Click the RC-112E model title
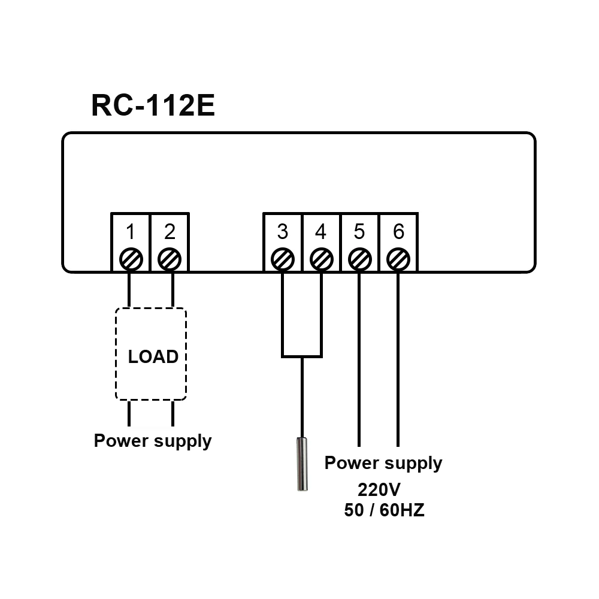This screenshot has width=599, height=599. click(x=153, y=105)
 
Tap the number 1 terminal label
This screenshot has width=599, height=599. click(x=131, y=231)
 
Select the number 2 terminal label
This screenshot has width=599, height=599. click(x=170, y=231)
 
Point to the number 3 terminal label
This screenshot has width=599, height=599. click(x=283, y=231)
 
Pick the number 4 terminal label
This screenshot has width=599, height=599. click(x=321, y=231)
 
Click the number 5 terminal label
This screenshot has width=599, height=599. click(x=359, y=231)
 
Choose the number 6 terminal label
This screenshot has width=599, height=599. click(x=398, y=231)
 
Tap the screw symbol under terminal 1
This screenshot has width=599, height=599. click(x=131, y=259)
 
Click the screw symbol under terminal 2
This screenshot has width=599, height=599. click(x=170, y=259)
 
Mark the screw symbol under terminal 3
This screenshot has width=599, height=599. click(x=283, y=259)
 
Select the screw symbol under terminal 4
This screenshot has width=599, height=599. click(x=322, y=259)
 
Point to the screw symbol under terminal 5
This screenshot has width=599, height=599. click(x=359, y=259)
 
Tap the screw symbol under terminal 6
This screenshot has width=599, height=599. click(x=398, y=259)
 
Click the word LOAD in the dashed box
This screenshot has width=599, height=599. click(x=153, y=357)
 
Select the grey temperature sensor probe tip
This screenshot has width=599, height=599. click(x=302, y=464)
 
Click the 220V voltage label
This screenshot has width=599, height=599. click(x=379, y=489)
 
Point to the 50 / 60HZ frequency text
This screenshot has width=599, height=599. click(x=384, y=510)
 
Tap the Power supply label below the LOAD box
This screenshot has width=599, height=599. click(x=153, y=441)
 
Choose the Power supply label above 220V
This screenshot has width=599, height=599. click(x=383, y=463)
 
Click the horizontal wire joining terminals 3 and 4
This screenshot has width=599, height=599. click(x=302, y=357)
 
